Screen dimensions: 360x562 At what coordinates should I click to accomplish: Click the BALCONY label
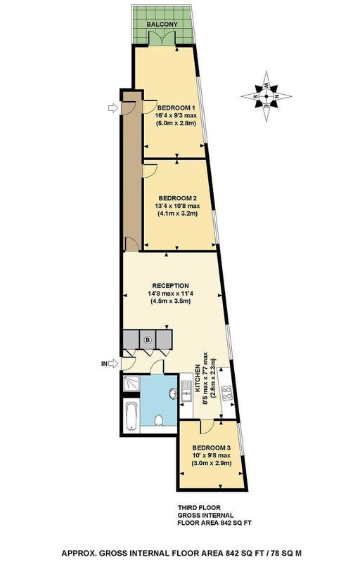[162, 25]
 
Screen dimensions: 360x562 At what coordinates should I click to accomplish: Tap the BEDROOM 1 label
[176, 108]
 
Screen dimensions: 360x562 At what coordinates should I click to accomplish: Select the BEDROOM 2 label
[177, 198]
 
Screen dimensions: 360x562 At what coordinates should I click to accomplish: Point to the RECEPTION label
[170, 286]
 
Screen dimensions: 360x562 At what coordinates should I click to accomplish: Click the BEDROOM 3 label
[211, 447]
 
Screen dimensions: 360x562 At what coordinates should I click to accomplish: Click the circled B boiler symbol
[148, 339]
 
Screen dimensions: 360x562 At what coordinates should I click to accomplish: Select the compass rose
[266, 96]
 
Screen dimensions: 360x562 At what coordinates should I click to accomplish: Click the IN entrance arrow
[113, 363]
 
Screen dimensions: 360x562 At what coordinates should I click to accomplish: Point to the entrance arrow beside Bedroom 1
[113, 107]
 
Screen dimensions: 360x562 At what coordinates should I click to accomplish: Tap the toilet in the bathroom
[158, 419]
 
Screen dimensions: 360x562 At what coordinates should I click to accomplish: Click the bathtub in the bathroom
[131, 416]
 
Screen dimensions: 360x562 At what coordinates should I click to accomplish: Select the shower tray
[131, 384]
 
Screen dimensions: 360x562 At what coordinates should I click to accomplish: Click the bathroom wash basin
[172, 393]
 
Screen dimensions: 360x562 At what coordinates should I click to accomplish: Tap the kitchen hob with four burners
[227, 393]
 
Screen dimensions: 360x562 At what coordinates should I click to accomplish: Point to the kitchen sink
[186, 391]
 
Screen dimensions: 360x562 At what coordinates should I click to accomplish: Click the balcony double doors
[162, 38]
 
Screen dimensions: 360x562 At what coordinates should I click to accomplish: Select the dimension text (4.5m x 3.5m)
[170, 301]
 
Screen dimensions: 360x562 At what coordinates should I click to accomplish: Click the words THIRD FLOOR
[199, 507]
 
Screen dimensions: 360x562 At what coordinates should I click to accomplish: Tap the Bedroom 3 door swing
[207, 426]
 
